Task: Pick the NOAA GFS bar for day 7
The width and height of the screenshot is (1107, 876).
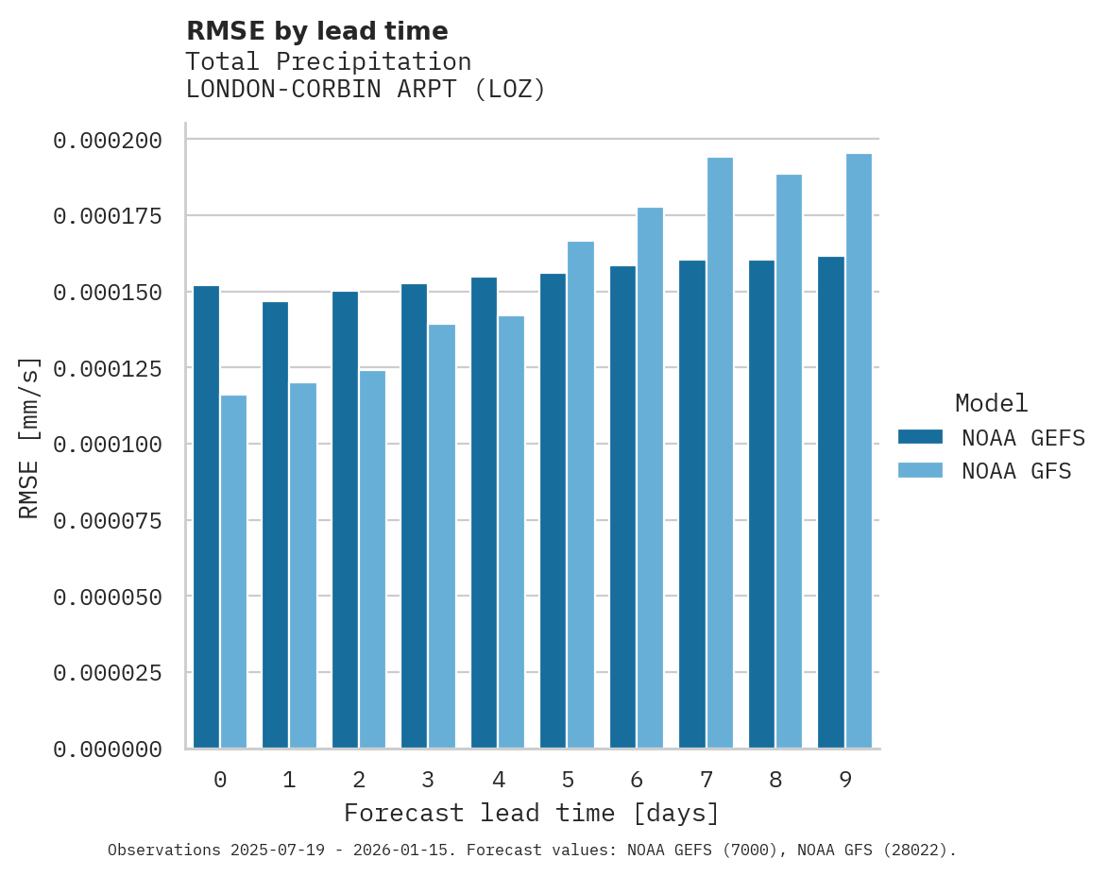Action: coord(720,453)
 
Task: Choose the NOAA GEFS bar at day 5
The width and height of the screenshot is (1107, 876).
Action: coord(553,511)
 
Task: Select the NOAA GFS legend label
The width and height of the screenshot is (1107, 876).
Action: coord(1016,471)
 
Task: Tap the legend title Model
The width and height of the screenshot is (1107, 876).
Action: coord(991,403)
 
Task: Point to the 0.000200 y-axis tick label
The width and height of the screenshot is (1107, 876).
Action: coord(108,141)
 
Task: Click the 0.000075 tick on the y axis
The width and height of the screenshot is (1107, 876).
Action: coord(108,521)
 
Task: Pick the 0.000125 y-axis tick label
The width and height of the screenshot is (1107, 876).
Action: coord(108,368)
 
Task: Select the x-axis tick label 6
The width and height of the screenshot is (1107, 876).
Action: coord(637,780)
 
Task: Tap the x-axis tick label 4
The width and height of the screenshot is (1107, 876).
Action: coord(498,780)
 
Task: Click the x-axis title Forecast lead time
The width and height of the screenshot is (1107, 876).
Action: coord(531,813)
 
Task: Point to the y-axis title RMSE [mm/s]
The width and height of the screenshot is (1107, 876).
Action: coord(29,438)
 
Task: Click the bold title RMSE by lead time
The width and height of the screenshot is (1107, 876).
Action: coord(316,31)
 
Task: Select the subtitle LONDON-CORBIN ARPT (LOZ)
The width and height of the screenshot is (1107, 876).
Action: coord(366,90)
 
